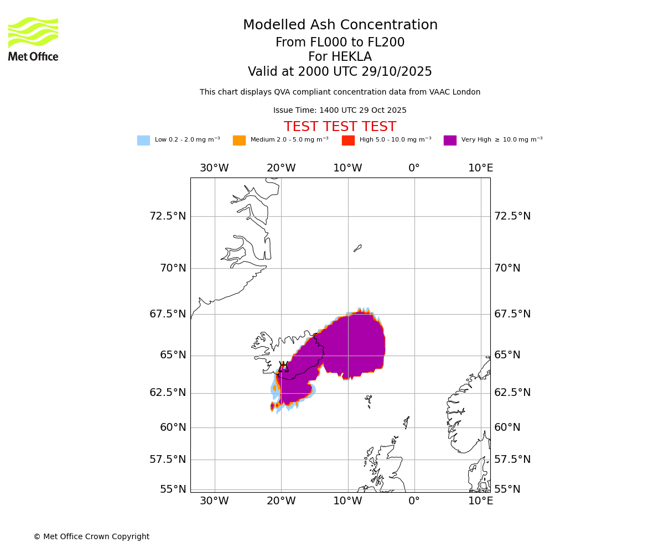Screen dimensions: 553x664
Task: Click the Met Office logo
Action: (x=33, y=39)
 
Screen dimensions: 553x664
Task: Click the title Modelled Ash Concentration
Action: (x=340, y=25)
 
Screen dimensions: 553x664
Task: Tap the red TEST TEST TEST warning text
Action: (x=340, y=127)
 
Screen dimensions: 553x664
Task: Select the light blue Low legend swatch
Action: (x=143, y=140)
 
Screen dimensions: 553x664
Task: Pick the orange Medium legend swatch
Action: (x=239, y=140)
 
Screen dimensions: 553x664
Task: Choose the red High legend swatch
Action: (x=348, y=140)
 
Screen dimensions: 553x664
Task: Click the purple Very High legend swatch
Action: (x=450, y=140)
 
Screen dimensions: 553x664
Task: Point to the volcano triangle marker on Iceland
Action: (x=284, y=367)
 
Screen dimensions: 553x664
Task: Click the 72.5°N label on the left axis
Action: (x=168, y=216)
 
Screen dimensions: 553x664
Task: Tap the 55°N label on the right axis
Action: (x=507, y=489)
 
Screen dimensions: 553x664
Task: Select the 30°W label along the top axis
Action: (x=214, y=168)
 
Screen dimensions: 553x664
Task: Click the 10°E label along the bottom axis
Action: (x=481, y=501)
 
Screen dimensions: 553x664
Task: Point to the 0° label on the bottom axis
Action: (x=414, y=501)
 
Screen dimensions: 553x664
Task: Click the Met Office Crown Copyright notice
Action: (x=91, y=537)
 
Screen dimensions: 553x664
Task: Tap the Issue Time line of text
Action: (x=340, y=111)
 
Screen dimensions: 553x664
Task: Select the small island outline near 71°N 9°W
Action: (x=357, y=248)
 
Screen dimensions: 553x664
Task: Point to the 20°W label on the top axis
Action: (x=281, y=168)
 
